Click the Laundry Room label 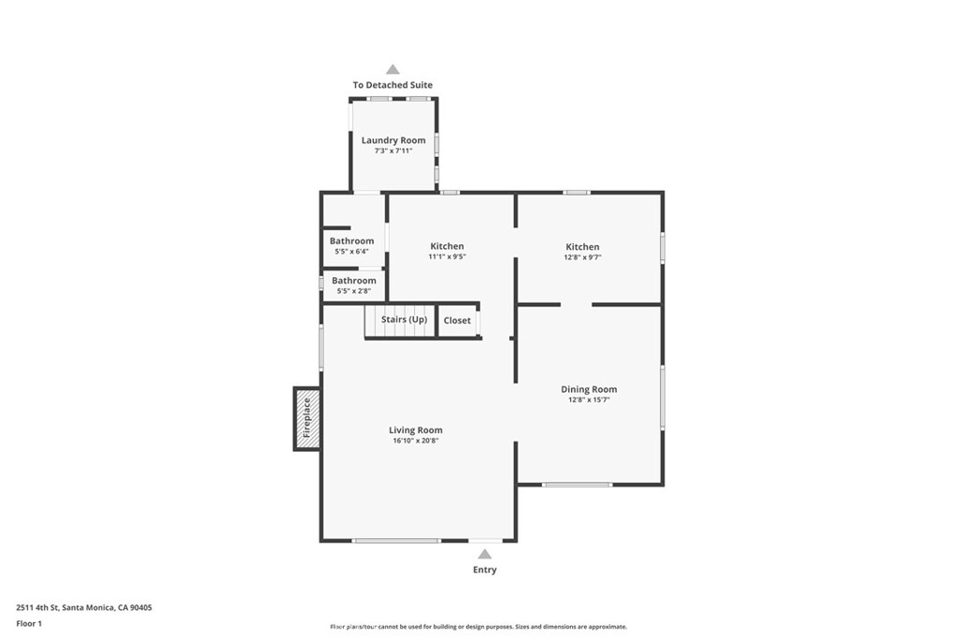pos(393,140)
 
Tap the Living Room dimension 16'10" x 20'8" pos(416,441)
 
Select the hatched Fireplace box pos(307,418)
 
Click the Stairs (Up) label pos(404,320)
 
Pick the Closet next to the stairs pos(457,321)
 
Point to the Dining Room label pos(589,389)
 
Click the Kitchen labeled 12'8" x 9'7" pos(581,247)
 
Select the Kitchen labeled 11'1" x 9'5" pos(447,246)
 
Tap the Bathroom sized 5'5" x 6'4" pos(351,240)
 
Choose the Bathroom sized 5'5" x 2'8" pos(353,281)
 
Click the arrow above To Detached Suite pos(393,69)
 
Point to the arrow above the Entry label pos(484,554)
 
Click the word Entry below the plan pos(484,570)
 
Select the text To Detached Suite pos(393,85)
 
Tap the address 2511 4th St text pos(84,607)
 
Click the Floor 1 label pos(29,623)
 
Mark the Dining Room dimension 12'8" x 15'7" pos(589,399)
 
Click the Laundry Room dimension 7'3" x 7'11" pos(393,151)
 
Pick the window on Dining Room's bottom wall pos(578,485)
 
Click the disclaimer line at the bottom pos(478,627)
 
